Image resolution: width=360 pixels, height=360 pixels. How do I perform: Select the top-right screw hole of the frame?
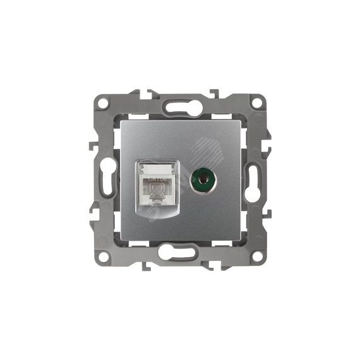(x=257, y=102)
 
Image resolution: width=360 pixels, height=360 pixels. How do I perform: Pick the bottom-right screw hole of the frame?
(x=257, y=256)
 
